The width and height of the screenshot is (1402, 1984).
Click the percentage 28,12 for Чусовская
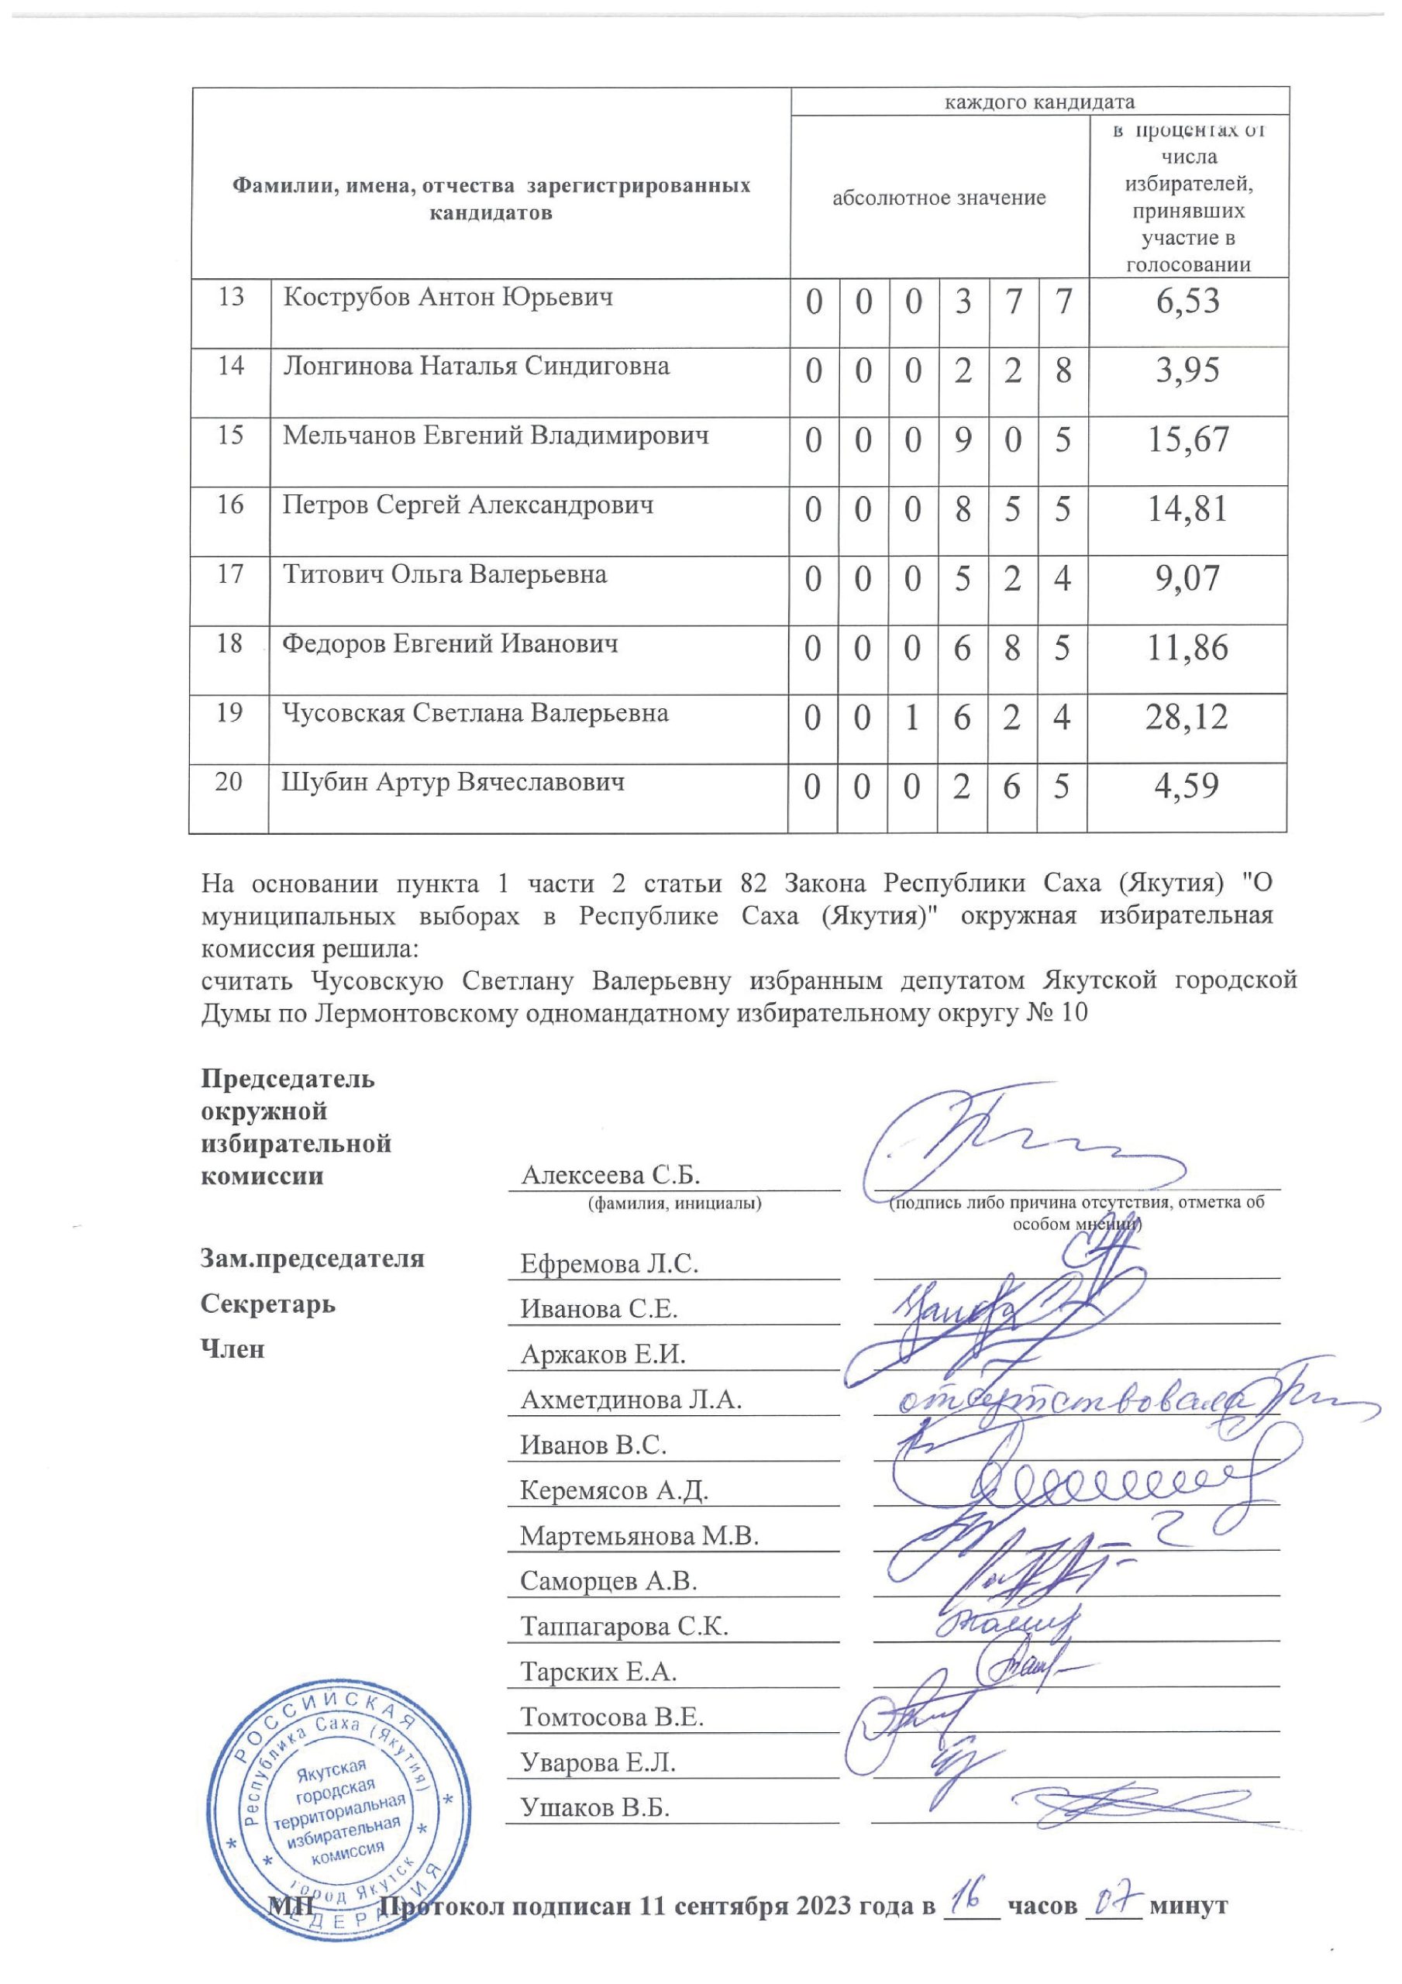coord(1186,717)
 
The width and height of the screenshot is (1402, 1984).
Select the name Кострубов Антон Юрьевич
coord(448,298)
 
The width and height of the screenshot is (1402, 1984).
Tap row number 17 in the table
coord(230,573)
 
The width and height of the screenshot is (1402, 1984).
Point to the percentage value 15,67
coord(1187,440)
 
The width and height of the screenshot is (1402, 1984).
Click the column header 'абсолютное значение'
coord(939,198)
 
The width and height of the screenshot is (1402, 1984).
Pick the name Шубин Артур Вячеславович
coord(453,783)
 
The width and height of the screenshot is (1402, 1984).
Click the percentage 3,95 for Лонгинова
coord(1187,370)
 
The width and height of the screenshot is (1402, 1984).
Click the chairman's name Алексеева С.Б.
coord(610,1174)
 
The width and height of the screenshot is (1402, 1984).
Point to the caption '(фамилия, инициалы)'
coord(674,1203)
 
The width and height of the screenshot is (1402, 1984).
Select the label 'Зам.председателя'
coord(312,1258)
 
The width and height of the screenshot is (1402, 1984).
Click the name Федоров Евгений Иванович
coord(450,644)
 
